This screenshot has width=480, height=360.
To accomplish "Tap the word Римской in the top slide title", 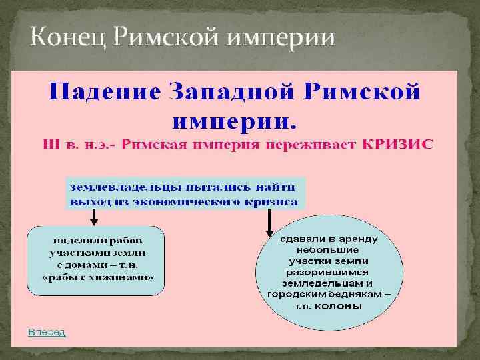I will click(161, 40).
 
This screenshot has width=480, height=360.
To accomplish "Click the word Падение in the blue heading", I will click(107, 91).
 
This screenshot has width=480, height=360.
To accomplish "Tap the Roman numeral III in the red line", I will click(51, 144).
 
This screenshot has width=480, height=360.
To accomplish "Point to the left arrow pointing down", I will click(94, 216).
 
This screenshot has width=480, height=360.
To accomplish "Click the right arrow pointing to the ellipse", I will click(270, 222).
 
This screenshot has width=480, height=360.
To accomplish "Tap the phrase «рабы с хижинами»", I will click(97, 277).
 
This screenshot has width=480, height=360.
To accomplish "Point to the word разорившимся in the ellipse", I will click(329, 272).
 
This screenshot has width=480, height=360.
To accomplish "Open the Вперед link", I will click(46, 332).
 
